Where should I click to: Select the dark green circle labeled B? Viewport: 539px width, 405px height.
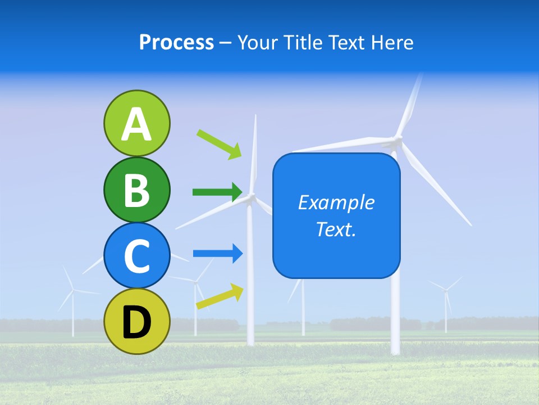point(136,190)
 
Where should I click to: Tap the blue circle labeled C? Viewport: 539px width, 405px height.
point(136,255)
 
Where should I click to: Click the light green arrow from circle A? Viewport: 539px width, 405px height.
point(220,144)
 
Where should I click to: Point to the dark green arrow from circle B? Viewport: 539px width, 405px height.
point(218,192)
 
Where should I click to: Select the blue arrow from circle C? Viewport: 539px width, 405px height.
point(218,254)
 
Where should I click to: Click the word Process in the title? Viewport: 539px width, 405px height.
point(176,42)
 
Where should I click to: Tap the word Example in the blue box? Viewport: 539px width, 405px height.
point(336,202)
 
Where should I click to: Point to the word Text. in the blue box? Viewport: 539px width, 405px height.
point(336,229)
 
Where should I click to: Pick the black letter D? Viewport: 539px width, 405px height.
point(136,322)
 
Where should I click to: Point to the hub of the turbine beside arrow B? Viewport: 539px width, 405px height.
point(250,196)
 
